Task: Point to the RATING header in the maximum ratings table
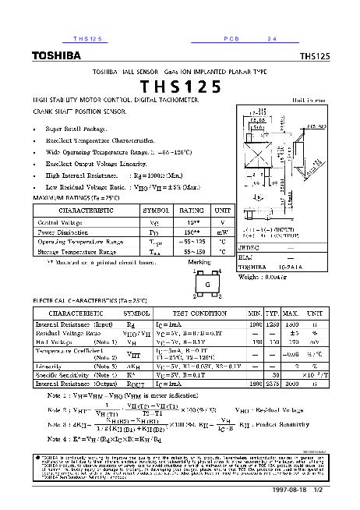[x=192, y=211]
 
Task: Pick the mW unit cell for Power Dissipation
[x=223, y=232]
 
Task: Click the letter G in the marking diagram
[x=208, y=285]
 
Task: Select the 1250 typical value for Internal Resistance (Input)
[x=273, y=323]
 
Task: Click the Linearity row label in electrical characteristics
[x=54, y=365]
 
